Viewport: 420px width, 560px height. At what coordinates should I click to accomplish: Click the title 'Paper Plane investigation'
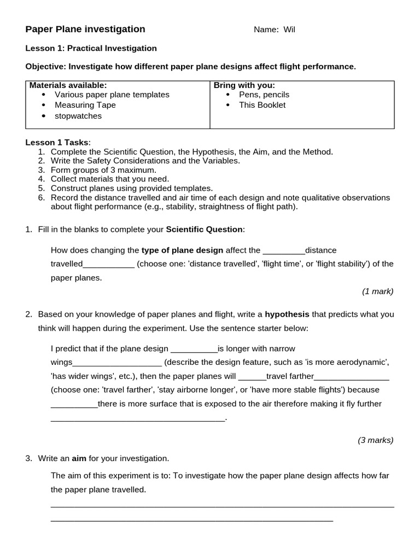click(85, 30)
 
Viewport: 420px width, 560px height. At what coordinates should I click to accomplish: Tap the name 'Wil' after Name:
click(289, 30)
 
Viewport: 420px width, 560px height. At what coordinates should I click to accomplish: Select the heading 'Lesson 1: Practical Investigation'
click(91, 48)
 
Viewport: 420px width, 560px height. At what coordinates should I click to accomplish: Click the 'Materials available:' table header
click(68, 85)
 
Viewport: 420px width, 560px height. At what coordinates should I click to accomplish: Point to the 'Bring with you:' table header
click(244, 85)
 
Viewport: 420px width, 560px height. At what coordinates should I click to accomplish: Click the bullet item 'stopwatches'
click(78, 116)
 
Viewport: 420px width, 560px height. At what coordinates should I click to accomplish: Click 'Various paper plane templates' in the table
click(112, 95)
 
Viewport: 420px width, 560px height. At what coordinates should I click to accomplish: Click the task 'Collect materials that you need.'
click(110, 179)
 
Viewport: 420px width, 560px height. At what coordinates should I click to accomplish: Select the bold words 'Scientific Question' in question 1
click(205, 229)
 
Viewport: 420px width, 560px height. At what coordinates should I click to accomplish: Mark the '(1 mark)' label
click(377, 291)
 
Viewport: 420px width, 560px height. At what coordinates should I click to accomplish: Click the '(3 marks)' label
click(376, 440)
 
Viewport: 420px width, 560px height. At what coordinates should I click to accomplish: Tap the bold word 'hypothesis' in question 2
click(287, 314)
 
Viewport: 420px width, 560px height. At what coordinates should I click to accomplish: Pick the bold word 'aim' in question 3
click(79, 458)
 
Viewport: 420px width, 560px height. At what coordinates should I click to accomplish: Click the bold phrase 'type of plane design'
click(182, 250)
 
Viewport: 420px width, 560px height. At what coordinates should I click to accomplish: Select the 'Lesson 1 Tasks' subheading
click(57, 142)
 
